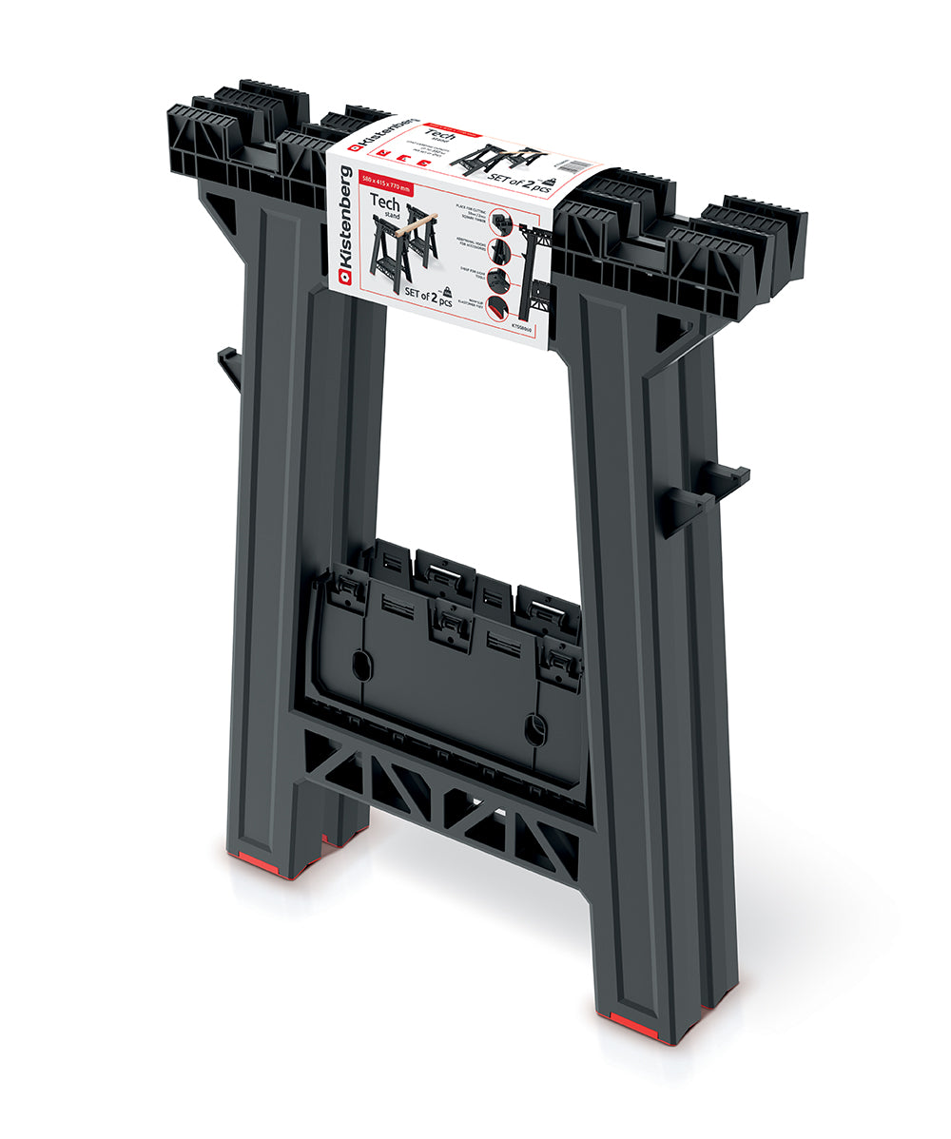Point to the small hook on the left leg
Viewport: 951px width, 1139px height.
[229, 367]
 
